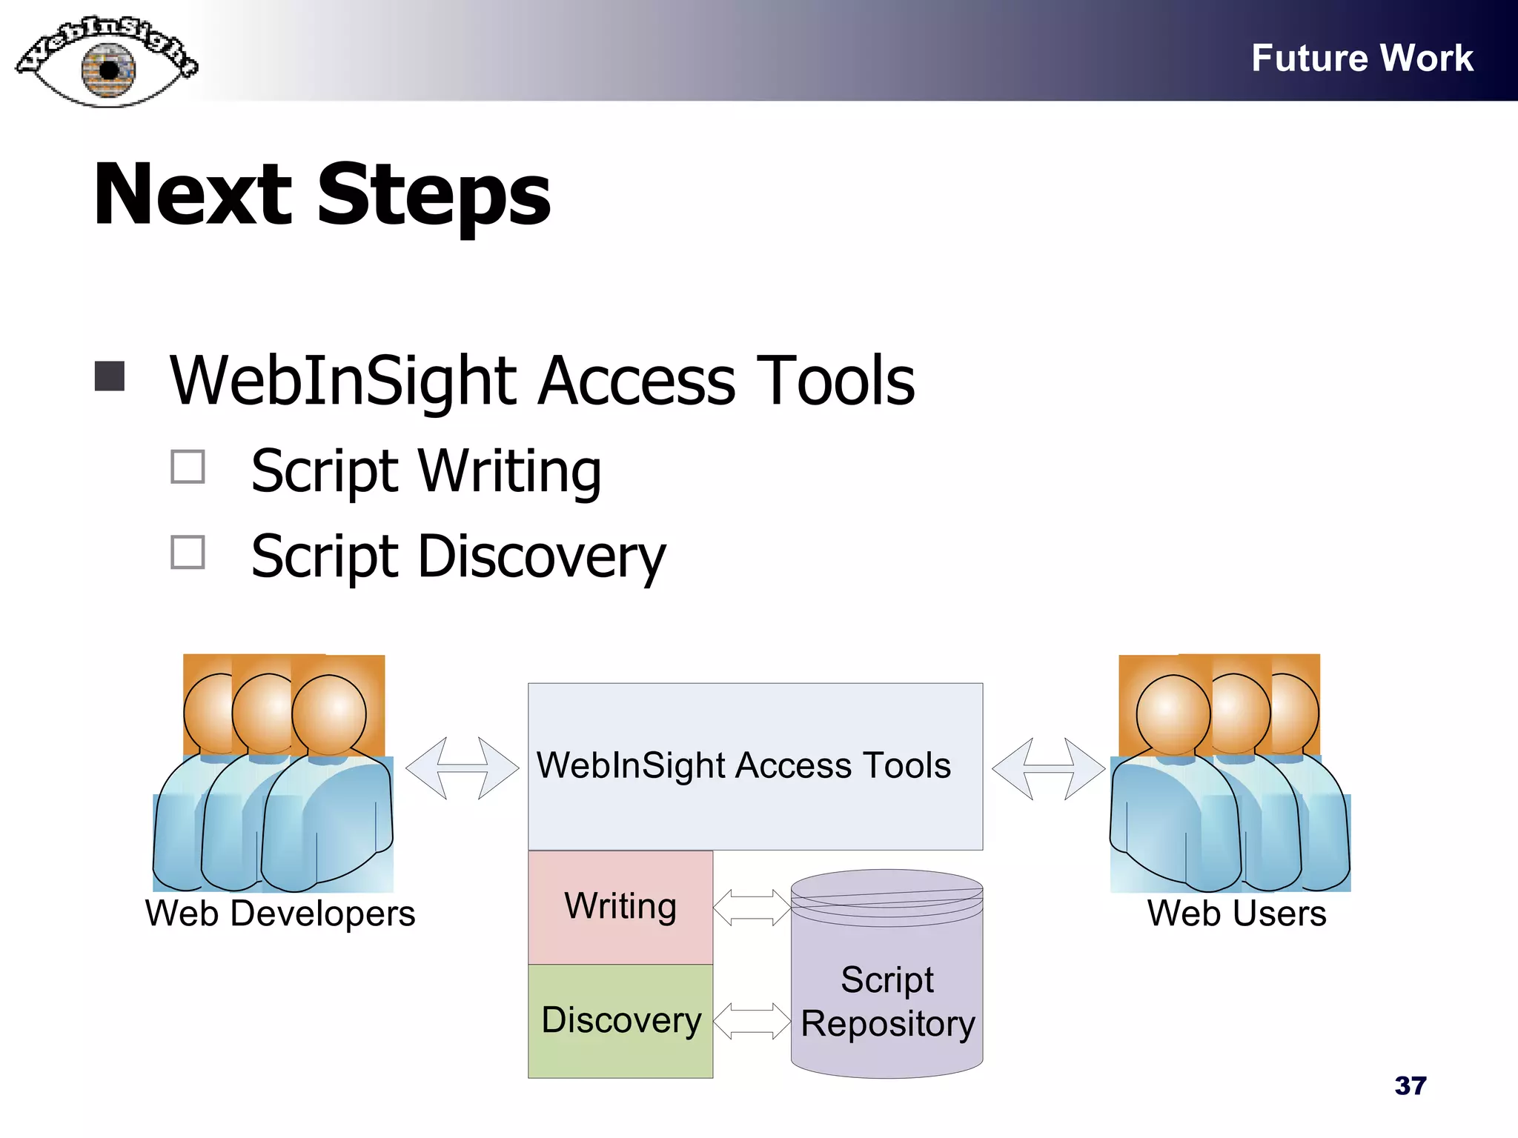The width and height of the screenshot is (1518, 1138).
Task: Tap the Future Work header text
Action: [1362, 58]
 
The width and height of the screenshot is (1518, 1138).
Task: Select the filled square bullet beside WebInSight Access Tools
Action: [110, 376]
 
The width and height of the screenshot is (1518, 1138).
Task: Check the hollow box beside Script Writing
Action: [188, 467]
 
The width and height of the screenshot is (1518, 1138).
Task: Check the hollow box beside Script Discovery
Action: [188, 552]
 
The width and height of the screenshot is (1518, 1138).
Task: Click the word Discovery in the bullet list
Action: [541, 557]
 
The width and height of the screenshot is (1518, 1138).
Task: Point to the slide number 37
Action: [1410, 1085]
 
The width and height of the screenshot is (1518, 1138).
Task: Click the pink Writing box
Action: [620, 907]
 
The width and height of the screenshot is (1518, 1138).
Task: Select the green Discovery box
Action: [620, 1020]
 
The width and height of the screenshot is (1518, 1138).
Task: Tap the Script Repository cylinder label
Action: [887, 1002]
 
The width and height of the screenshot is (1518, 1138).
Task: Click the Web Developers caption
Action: [280, 914]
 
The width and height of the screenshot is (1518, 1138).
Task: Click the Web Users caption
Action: [1236, 914]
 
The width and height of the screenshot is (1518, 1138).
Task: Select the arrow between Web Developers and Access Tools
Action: [463, 768]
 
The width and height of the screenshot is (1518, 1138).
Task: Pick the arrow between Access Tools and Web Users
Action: [1048, 768]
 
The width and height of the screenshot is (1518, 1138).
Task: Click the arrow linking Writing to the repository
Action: [752, 908]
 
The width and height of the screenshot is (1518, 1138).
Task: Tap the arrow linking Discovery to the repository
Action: [752, 1021]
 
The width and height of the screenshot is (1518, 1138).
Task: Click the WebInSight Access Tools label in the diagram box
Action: [743, 765]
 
